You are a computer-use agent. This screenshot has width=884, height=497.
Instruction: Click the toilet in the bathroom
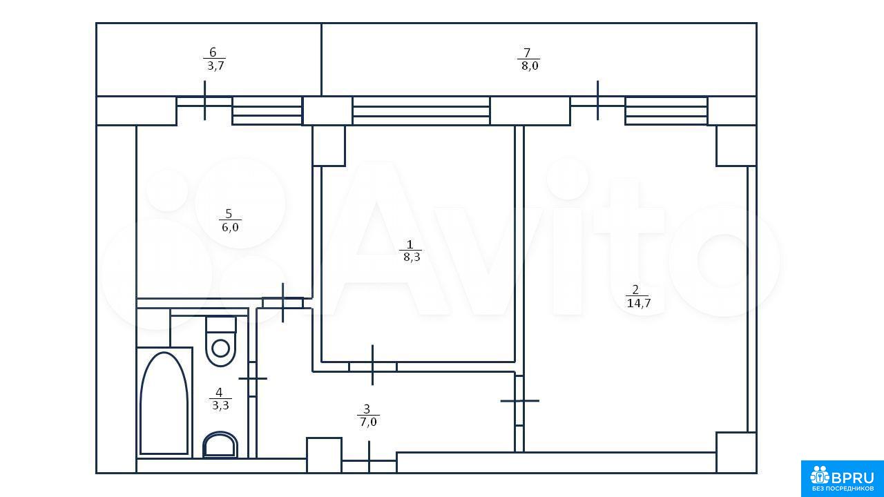pos(220,341)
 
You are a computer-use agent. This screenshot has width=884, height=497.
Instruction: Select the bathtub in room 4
pos(164,402)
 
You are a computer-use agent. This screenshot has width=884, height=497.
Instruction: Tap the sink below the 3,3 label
pos(220,445)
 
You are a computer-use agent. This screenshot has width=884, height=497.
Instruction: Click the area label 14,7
pos(639,303)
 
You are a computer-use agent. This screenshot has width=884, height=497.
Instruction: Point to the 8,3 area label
pos(412,257)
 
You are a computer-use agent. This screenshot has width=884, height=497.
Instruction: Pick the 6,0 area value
pos(230,227)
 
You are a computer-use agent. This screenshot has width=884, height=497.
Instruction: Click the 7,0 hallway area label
pos(368,422)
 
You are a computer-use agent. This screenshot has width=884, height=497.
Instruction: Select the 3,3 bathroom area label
pos(220,405)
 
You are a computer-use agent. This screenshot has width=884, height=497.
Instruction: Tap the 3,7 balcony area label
pos(216,66)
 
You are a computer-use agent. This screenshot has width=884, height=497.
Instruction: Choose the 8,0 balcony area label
pos(530,66)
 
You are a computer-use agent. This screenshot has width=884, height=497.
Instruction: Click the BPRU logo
pos(842,478)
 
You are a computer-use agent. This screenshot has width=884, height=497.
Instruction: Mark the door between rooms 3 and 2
pos(520,401)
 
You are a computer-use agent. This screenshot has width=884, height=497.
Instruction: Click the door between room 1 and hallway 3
pos(373,367)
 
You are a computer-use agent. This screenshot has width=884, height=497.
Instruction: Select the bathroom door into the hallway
pos(253,379)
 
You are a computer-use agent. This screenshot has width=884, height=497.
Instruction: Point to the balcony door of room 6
pos(204,101)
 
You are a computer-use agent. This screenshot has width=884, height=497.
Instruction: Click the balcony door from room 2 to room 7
pos(597,101)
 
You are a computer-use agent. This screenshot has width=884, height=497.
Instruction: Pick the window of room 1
pos(421,111)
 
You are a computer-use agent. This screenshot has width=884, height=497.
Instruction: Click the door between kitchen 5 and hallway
pos(283,303)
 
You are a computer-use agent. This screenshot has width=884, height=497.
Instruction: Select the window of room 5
pos(267,111)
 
